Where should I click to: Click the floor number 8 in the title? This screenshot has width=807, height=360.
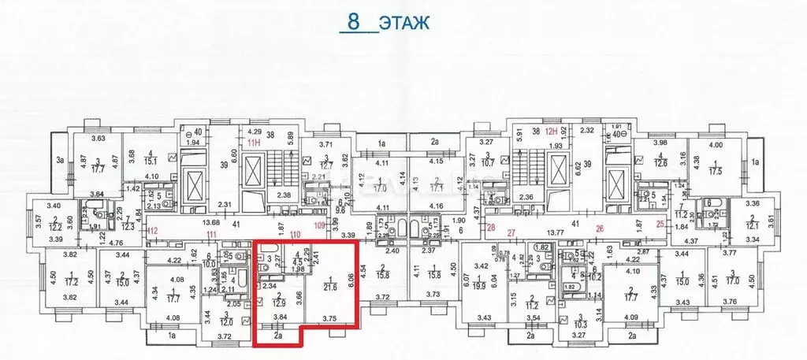[353, 21]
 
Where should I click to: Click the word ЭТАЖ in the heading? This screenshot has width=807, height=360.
[403, 22]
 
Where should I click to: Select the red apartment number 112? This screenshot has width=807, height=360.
[154, 231]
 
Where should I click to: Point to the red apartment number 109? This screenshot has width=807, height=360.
[318, 226]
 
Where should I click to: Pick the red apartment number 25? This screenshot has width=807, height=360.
[659, 226]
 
